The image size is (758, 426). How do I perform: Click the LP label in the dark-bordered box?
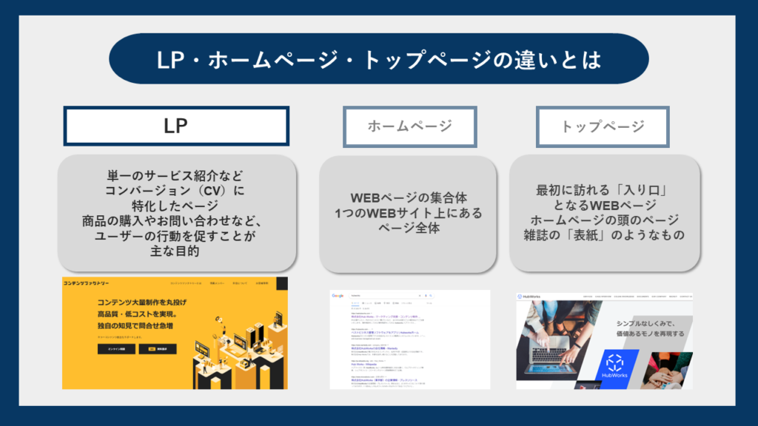175,126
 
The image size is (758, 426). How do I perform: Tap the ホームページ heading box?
409,126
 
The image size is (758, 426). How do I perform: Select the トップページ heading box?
603,126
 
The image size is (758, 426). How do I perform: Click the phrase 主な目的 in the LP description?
177,251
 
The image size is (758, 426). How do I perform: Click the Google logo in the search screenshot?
338,296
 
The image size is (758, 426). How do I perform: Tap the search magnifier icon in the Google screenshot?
431,296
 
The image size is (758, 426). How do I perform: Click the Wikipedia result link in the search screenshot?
366,364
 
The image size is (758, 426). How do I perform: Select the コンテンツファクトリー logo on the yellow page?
87,283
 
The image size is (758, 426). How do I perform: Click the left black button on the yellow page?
117,349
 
